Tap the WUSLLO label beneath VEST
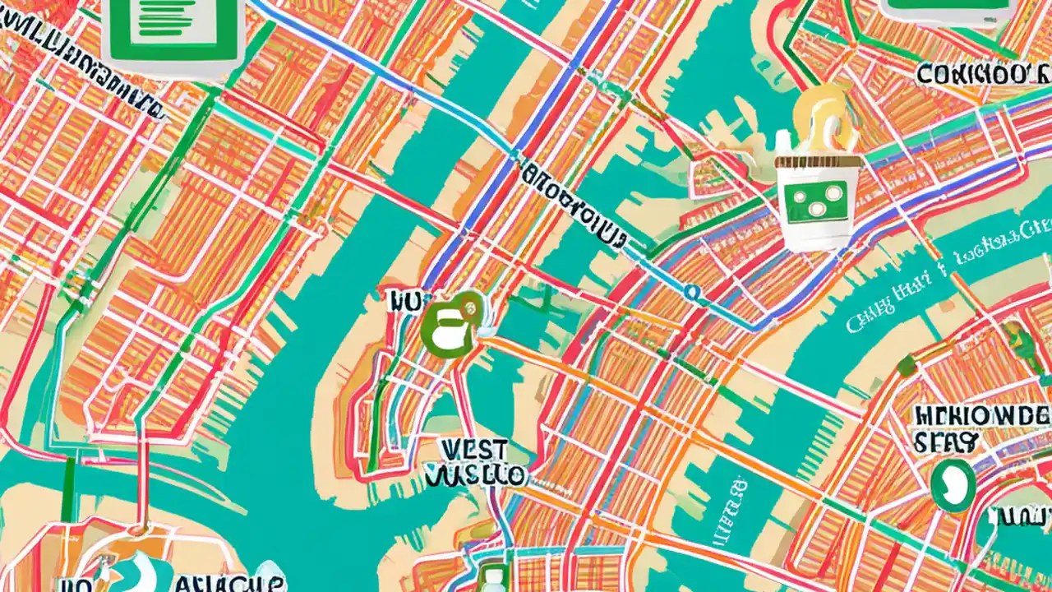coord(477,475)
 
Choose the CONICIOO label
coord(983,74)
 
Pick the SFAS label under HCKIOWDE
coord(945,442)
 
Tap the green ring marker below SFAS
coord(953,484)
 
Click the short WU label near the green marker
coord(404,301)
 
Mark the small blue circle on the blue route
coord(692,291)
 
